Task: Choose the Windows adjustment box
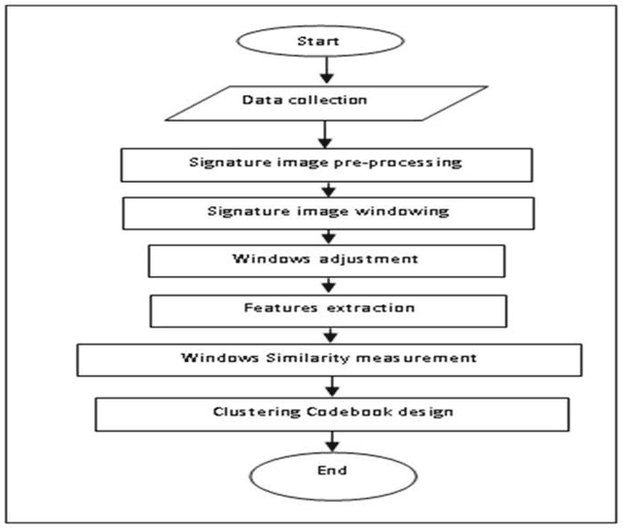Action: (x=326, y=260)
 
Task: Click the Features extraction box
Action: (x=326, y=309)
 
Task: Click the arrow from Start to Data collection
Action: (x=326, y=72)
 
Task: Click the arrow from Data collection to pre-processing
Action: (x=326, y=133)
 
